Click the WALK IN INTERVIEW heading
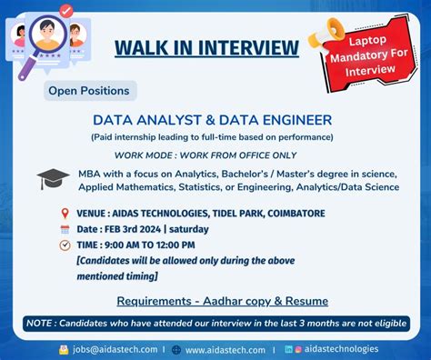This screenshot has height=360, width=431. (x=206, y=46)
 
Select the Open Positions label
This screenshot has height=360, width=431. (x=88, y=90)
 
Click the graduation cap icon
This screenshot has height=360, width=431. (x=53, y=179)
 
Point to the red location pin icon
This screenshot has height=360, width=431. (x=65, y=213)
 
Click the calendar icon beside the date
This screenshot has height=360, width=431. (x=65, y=229)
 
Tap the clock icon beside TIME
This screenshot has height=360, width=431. (x=65, y=245)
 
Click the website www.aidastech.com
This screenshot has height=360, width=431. (x=225, y=349)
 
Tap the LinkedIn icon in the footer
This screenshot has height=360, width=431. (x=288, y=349)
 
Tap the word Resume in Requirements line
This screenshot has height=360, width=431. (x=304, y=301)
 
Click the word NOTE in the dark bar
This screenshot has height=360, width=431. (x=41, y=324)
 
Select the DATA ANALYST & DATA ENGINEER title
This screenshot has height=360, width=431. (x=212, y=119)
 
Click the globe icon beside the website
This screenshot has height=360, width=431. (x=176, y=349)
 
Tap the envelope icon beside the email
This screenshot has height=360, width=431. (x=64, y=349)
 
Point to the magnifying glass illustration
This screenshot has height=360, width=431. (x=41, y=41)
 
